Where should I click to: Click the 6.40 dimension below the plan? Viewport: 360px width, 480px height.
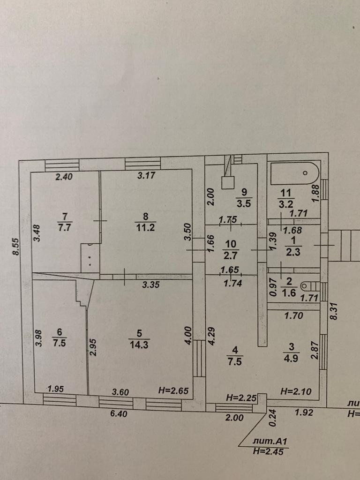pos(119,414)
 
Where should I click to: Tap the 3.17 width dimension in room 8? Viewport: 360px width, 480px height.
pos(146,177)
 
